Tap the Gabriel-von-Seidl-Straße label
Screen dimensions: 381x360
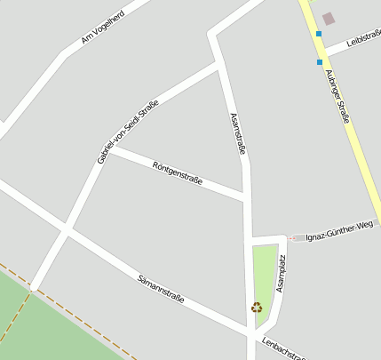tap(128, 132)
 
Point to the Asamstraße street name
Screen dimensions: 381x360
tap(237, 134)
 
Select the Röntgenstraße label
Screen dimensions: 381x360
tap(178, 173)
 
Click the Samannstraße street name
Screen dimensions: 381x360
tap(161, 290)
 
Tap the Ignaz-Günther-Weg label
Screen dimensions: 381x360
tap(338, 231)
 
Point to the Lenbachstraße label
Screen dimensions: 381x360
tap(282, 348)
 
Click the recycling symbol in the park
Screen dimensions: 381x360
tap(257, 308)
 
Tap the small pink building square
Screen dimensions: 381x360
tap(329, 18)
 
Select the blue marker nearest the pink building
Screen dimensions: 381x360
tap(318, 34)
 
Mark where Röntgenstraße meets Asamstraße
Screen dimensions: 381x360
tap(245, 196)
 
